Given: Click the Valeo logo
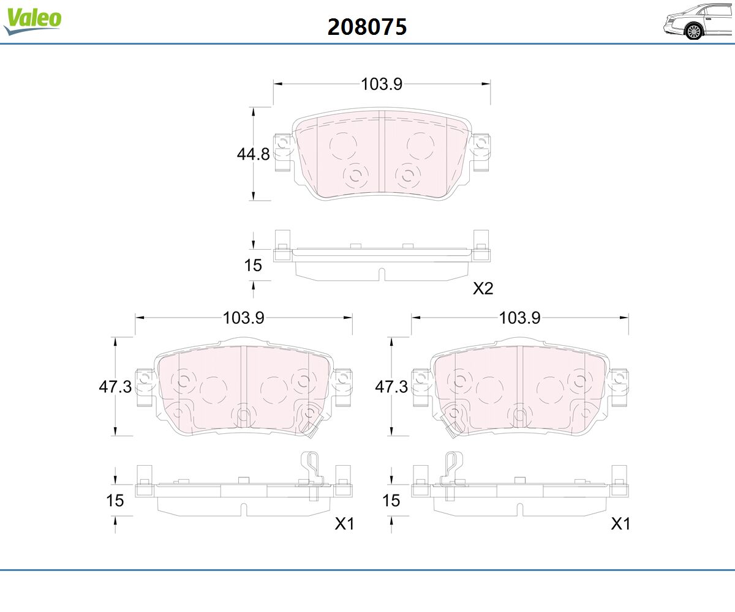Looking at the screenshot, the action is point(32,21).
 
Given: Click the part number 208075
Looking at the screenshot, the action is point(367,27).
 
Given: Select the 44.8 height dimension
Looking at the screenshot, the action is point(253,154).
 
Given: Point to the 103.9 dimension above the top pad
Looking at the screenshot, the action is point(382,84).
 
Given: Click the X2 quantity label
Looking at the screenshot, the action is point(483,288).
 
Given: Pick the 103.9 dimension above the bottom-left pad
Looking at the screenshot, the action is point(244,318).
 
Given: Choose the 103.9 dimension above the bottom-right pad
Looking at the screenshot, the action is point(519,318).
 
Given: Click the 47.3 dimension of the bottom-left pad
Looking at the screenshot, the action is point(115,387).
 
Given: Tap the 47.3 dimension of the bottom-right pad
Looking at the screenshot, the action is point(391,387).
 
